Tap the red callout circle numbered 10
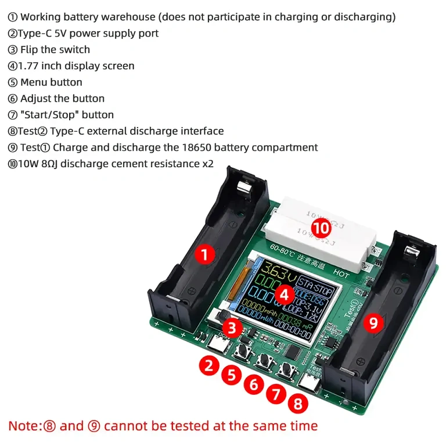[320, 228]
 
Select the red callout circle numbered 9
[373, 323]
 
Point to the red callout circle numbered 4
[283, 294]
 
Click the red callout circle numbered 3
[232, 328]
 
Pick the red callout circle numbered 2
[209, 365]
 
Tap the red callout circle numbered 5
[232, 375]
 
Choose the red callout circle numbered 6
[254, 384]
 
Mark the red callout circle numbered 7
[276, 394]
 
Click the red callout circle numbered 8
[298, 402]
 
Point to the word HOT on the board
[341, 271]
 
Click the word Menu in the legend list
[34, 82]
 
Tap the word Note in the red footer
[23, 426]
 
